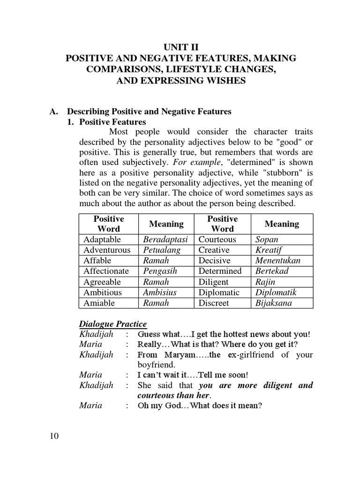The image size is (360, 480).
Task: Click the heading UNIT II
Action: point(181,47)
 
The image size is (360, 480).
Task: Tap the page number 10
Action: point(54,436)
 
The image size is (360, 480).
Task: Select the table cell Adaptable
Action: point(102,239)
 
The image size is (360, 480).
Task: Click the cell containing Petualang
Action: point(162,250)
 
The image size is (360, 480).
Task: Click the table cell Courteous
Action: point(217,239)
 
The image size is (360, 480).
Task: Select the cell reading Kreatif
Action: point(269,250)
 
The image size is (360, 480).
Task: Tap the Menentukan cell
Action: point(278,260)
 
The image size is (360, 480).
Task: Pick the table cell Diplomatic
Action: point(219,292)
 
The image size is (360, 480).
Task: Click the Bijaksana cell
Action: point(273,303)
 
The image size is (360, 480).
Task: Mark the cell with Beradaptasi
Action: point(165,239)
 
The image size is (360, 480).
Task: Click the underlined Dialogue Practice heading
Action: point(112,324)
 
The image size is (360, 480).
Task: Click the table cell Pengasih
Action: point(162,271)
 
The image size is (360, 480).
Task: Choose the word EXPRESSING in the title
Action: point(179,81)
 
